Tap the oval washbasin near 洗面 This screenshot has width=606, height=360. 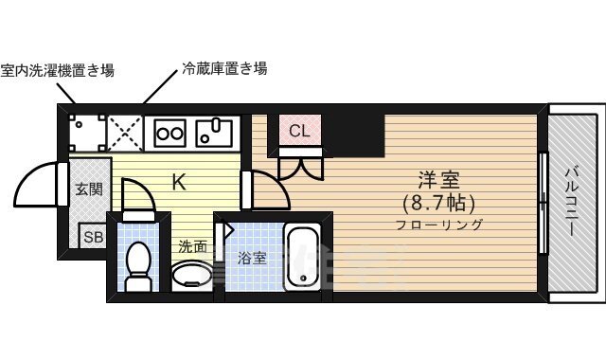tap(191, 275)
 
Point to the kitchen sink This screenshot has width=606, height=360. tap(216, 133)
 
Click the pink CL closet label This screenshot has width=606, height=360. tap(299, 131)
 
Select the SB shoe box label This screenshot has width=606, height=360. tap(93, 237)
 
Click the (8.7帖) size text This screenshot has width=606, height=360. tap(438, 203)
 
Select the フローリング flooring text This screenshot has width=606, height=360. tap(439, 225)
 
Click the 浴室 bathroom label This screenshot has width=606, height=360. tap(251, 257)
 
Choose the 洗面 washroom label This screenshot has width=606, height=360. tap(193, 245)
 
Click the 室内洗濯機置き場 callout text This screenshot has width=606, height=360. tap(58, 70)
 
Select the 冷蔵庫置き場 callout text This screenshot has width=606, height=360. tap(223, 69)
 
